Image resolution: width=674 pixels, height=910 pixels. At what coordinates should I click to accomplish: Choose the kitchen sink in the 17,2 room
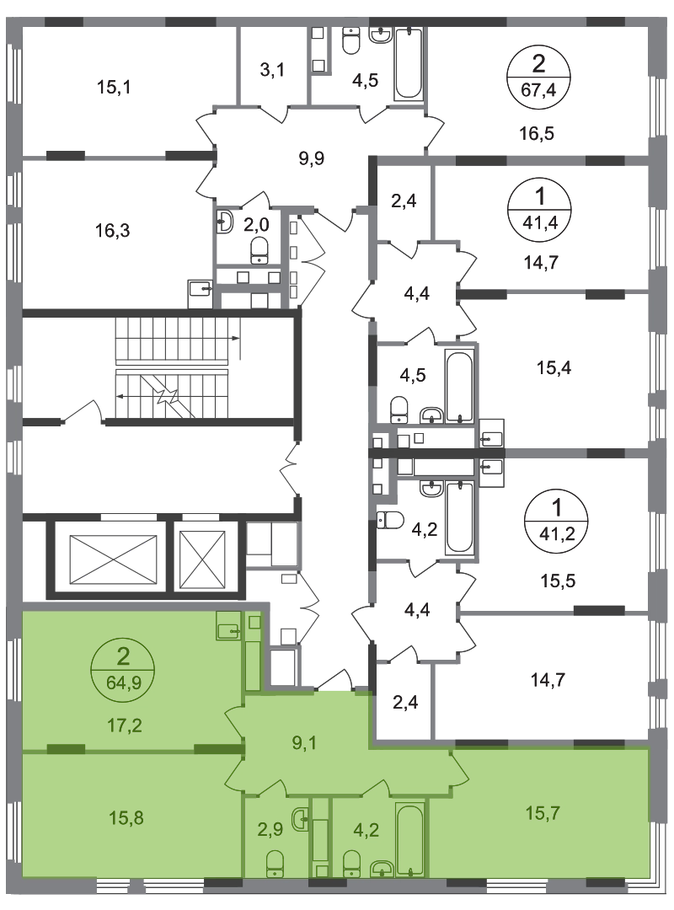[228, 626]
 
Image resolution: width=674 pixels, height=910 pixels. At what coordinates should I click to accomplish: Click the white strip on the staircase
[172, 367]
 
